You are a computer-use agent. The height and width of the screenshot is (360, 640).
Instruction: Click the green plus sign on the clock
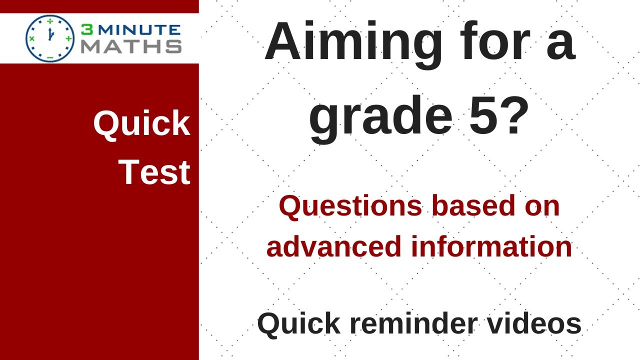tap(68, 38)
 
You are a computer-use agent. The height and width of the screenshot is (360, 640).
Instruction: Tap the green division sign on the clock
tap(50, 21)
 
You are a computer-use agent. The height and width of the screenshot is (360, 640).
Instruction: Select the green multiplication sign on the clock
tap(32, 38)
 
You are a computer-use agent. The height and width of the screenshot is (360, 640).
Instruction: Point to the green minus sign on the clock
tap(50, 57)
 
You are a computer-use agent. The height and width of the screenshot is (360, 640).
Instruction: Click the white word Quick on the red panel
tap(141, 124)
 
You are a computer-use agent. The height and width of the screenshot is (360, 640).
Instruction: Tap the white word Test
tap(154, 172)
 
